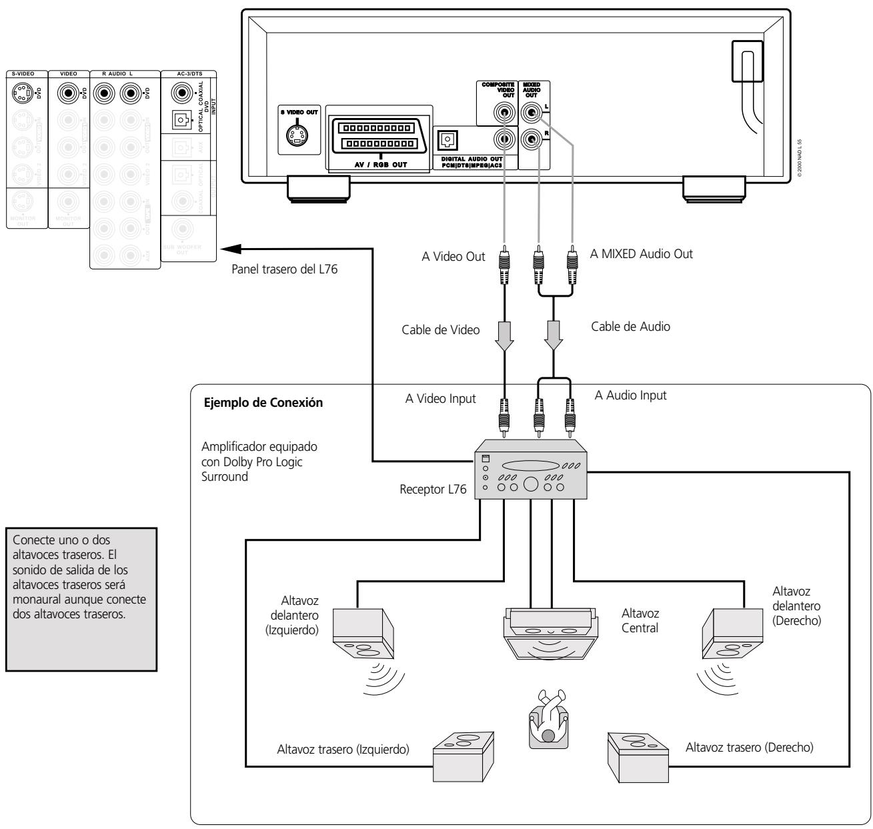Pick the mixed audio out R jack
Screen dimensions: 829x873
coord(532,139)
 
